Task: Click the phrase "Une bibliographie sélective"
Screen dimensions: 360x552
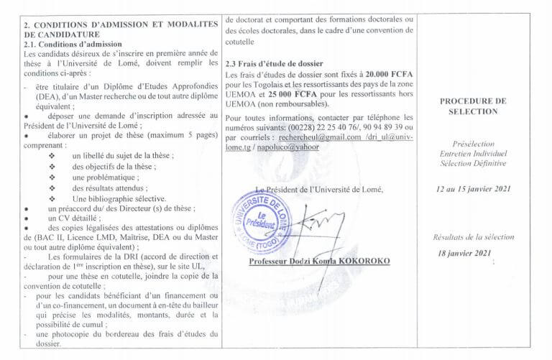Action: (119, 198)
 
